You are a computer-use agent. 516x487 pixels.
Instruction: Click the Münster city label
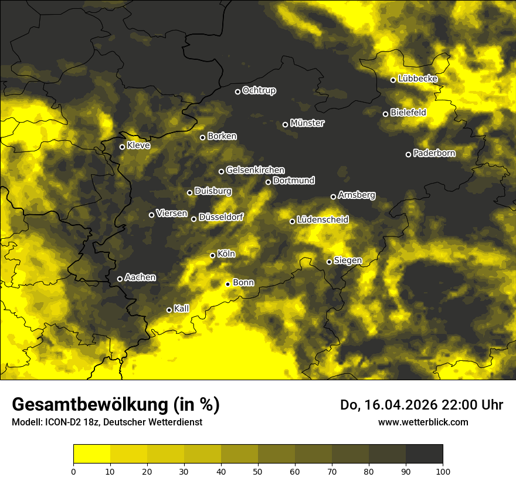pyautogui.click(x=307, y=123)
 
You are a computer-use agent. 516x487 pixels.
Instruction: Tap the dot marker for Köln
pyautogui.click(x=213, y=255)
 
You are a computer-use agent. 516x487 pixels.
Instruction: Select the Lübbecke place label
pyautogui.click(x=417, y=79)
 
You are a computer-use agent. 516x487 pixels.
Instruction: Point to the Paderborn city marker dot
pyautogui.click(x=409, y=154)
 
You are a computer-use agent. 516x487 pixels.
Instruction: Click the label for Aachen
pyautogui.click(x=140, y=278)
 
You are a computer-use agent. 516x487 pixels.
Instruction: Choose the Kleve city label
pyautogui.click(x=138, y=146)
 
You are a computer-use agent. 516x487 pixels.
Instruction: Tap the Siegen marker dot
pyautogui.click(x=329, y=262)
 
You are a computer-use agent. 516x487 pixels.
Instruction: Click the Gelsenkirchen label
pyautogui.click(x=255, y=170)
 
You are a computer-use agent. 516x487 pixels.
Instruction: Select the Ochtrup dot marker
pyautogui.click(x=237, y=92)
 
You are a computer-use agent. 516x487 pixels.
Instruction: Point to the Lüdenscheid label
pyautogui.click(x=322, y=220)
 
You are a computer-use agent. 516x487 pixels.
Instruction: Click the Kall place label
pyautogui.click(x=181, y=309)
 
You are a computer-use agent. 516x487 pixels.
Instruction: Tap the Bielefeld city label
pyautogui.click(x=408, y=113)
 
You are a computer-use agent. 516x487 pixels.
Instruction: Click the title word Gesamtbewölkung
pyautogui.click(x=88, y=405)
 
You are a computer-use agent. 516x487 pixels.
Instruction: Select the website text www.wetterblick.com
pyautogui.click(x=423, y=422)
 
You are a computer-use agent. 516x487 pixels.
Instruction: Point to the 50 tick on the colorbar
pyautogui.click(x=258, y=471)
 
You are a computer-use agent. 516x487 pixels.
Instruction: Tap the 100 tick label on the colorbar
pyautogui.click(x=443, y=471)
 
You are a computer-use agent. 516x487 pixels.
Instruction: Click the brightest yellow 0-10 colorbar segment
pyautogui.click(x=91, y=454)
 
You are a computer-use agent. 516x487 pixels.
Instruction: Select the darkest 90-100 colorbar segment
pyautogui.click(x=424, y=454)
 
